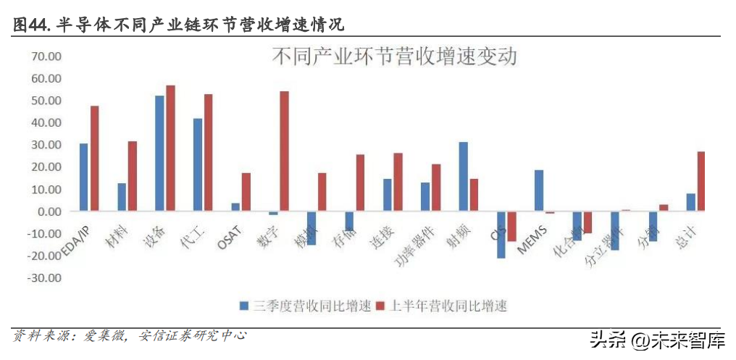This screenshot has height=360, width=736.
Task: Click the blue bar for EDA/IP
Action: point(84,177)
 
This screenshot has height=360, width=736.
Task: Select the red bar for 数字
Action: point(284,151)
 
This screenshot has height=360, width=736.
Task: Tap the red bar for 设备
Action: point(170,148)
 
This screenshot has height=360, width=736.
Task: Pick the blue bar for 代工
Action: point(198,164)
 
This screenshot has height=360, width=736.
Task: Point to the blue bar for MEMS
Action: point(539,191)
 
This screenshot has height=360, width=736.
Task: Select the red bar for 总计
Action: point(701,181)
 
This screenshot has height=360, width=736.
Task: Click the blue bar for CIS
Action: point(501,234)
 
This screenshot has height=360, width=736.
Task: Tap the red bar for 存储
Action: point(360,183)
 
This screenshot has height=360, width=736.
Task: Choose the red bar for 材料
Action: point(133,176)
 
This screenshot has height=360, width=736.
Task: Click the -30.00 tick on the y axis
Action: point(44,278)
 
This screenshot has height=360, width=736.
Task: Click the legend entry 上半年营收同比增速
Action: point(441,306)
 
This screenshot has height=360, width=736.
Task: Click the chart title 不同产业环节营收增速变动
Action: point(394,57)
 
